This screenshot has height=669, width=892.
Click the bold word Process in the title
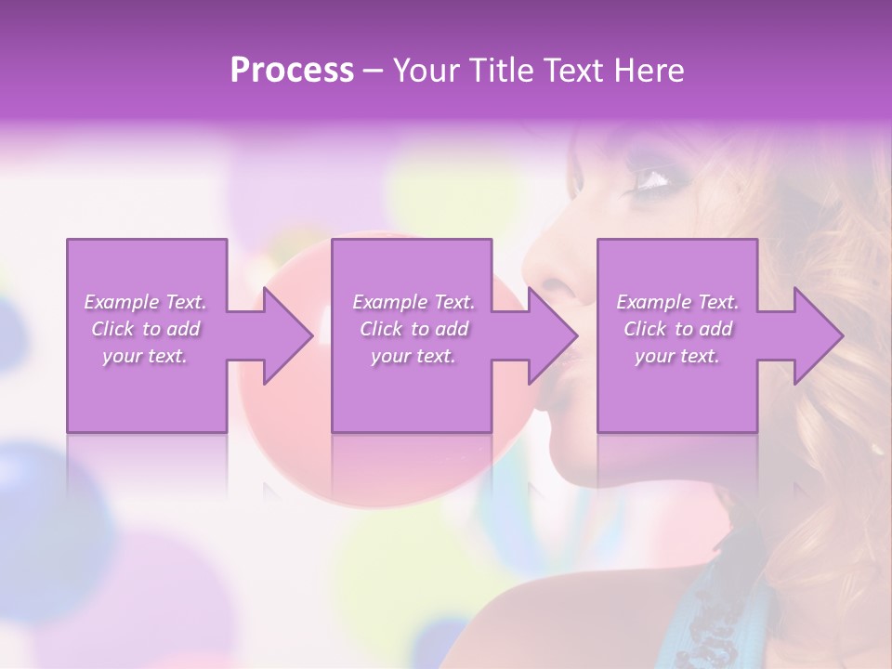(292, 71)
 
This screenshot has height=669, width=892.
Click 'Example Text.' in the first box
(146, 302)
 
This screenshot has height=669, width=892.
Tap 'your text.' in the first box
(146, 356)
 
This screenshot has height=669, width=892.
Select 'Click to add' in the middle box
(413, 329)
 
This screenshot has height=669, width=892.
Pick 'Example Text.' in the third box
(677, 302)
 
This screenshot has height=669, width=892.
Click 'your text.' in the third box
(677, 356)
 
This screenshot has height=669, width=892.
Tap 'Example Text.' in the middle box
(413, 302)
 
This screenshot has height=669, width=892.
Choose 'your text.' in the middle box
(413, 356)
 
